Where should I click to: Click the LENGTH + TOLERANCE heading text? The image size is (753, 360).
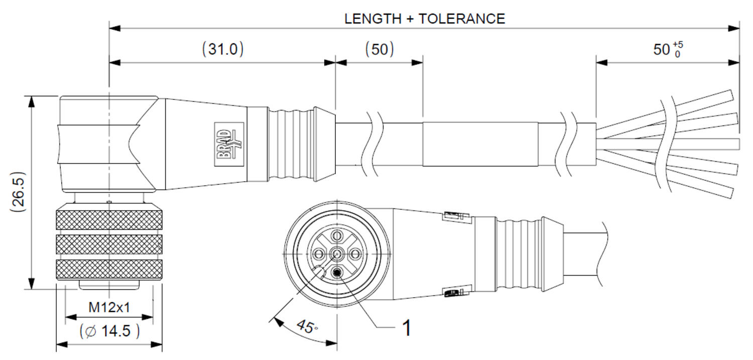[x=425, y=19]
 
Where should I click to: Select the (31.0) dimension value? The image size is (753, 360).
[x=223, y=49]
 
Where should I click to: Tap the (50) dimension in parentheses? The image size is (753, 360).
[x=380, y=49]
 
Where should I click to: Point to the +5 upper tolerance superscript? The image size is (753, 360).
[x=678, y=45]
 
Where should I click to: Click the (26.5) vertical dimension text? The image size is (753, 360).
[x=18, y=192]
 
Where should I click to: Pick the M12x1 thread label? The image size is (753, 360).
[x=109, y=307]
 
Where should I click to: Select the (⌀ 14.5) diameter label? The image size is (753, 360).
[x=109, y=331]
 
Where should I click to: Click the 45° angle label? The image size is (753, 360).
[x=307, y=326]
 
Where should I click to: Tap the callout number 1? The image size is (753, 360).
[x=407, y=328]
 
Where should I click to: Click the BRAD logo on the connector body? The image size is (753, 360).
[x=229, y=144]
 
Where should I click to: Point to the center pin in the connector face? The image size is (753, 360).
[x=336, y=254]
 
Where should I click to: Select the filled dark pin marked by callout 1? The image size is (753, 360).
[x=336, y=273]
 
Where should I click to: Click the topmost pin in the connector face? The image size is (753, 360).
[x=336, y=235]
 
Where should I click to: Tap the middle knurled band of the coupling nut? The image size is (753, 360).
[x=109, y=245]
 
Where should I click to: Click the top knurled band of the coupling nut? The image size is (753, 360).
[x=109, y=220]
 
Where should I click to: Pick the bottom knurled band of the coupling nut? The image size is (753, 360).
[x=109, y=269]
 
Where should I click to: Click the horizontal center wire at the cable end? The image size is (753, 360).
[x=669, y=144]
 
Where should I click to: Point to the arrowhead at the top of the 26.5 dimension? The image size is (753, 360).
[x=31, y=101]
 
